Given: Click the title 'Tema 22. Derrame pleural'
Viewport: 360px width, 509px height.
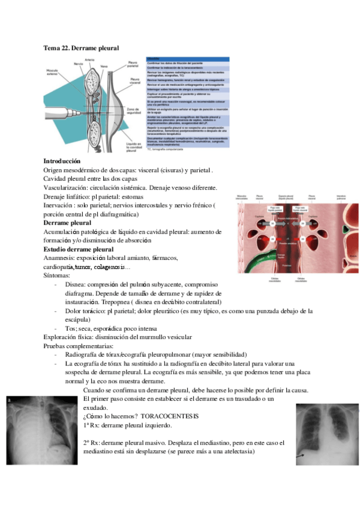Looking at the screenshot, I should click(x=81, y=47).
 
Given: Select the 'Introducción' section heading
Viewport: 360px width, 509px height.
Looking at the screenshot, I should click(x=62, y=161).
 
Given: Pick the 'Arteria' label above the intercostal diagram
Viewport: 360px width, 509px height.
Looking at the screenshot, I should click(x=89, y=59).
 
